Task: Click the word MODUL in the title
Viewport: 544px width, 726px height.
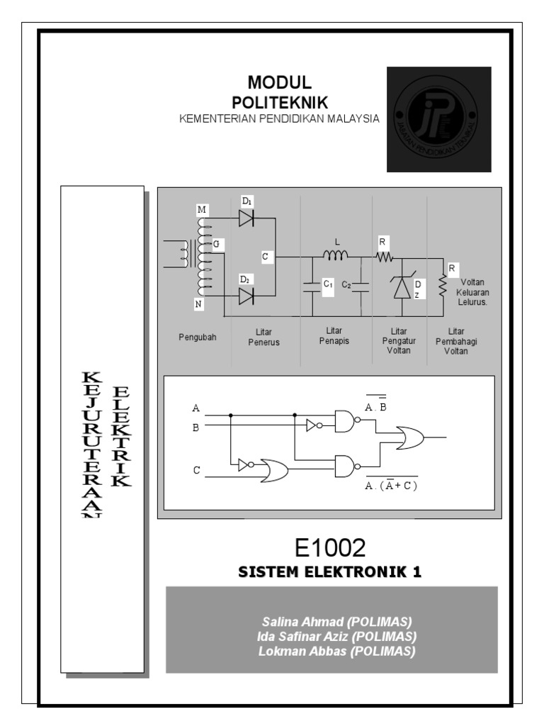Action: point(280,84)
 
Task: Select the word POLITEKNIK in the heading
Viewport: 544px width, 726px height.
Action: point(280,103)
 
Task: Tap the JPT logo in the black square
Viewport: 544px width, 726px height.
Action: point(438,119)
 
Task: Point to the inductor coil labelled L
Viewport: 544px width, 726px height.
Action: point(336,255)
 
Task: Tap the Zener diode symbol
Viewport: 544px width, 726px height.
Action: point(401,286)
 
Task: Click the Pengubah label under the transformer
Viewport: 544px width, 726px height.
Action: point(197,337)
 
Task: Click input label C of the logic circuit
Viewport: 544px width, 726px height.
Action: point(196,469)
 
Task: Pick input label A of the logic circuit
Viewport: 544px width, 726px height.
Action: point(196,408)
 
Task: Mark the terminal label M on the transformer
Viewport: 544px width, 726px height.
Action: point(203,210)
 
